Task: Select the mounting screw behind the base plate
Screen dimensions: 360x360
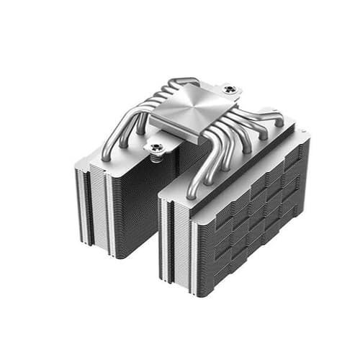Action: (x=229, y=89)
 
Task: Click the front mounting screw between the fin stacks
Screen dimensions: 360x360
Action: (x=157, y=147)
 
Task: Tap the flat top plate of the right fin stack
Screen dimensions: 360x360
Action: (x=238, y=155)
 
